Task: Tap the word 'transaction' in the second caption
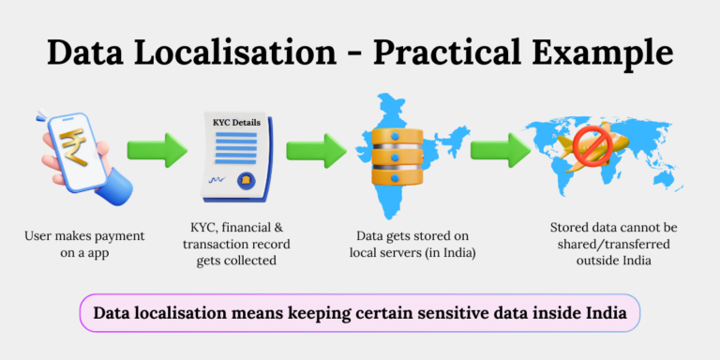pos(210,246)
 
